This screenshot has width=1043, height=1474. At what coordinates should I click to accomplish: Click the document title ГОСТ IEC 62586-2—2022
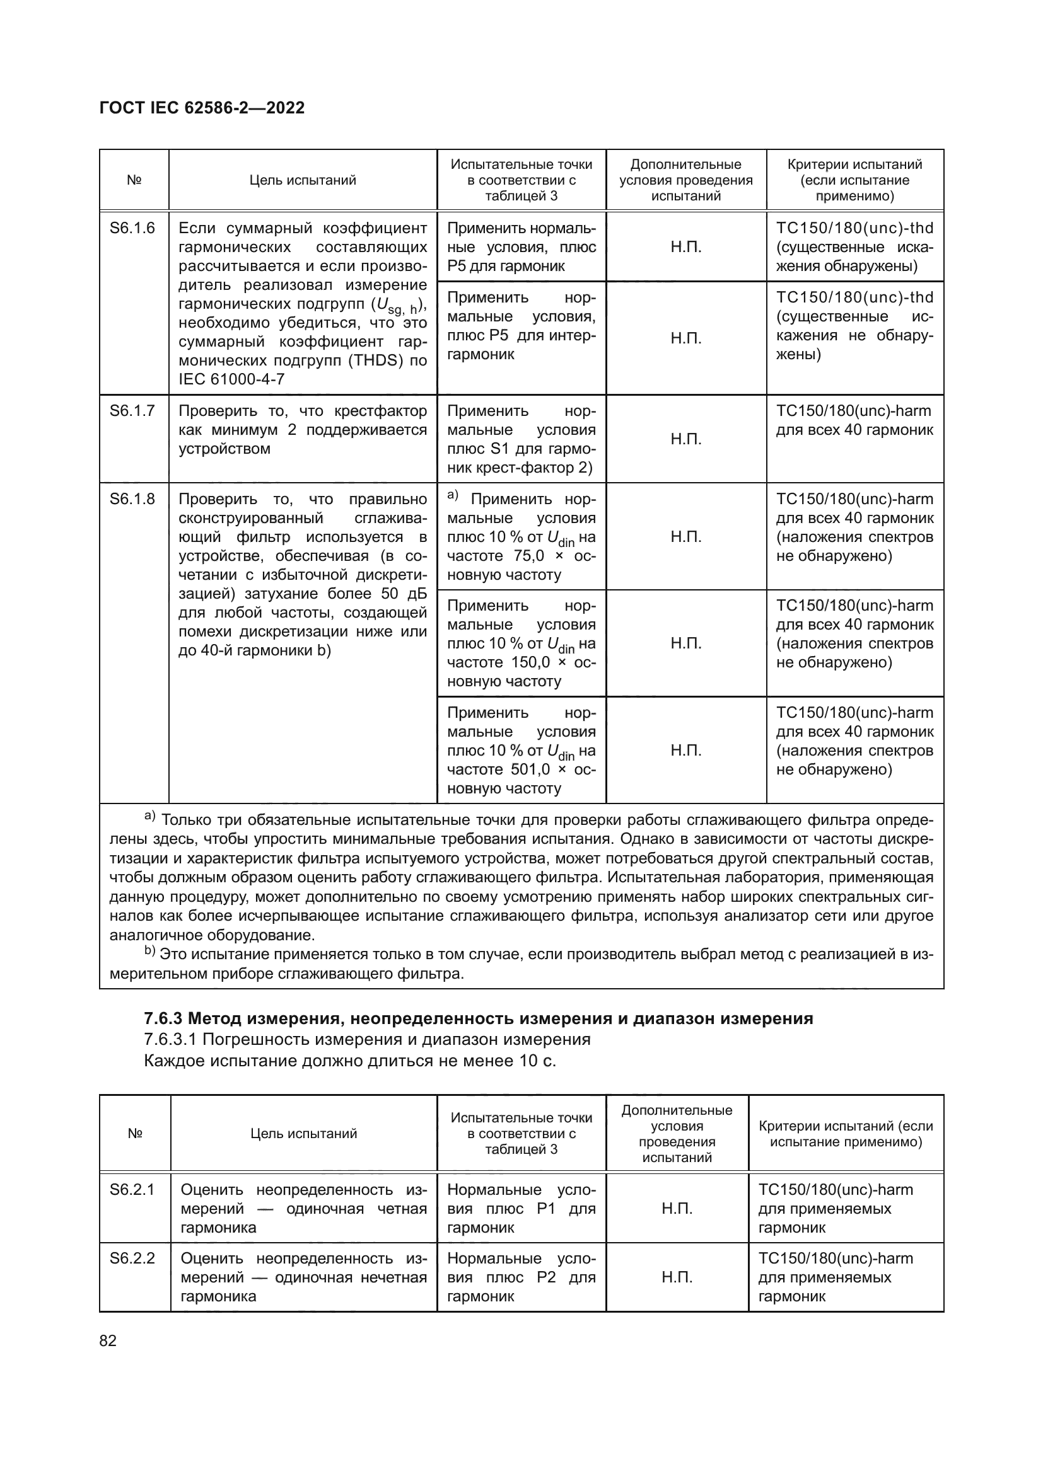202,108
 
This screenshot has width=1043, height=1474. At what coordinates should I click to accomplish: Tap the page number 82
108,1340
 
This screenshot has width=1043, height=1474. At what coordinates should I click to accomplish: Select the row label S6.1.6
132,228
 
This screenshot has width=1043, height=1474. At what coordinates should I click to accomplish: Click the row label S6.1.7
132,411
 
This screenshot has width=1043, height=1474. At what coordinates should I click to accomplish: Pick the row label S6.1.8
132,499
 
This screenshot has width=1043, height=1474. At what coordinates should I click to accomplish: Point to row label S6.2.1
132,1190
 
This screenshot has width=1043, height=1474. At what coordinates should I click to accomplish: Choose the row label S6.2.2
132,1258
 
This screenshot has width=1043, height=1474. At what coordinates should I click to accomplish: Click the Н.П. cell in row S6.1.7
686,439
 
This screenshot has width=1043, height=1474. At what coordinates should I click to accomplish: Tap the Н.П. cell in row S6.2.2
677,1277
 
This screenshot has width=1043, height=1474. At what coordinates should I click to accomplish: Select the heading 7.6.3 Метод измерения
478,1019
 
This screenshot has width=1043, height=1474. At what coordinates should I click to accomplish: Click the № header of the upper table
134,180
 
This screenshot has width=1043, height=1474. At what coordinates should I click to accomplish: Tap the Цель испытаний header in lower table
303,1134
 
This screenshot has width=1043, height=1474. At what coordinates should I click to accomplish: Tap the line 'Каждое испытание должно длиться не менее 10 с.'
349,1061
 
